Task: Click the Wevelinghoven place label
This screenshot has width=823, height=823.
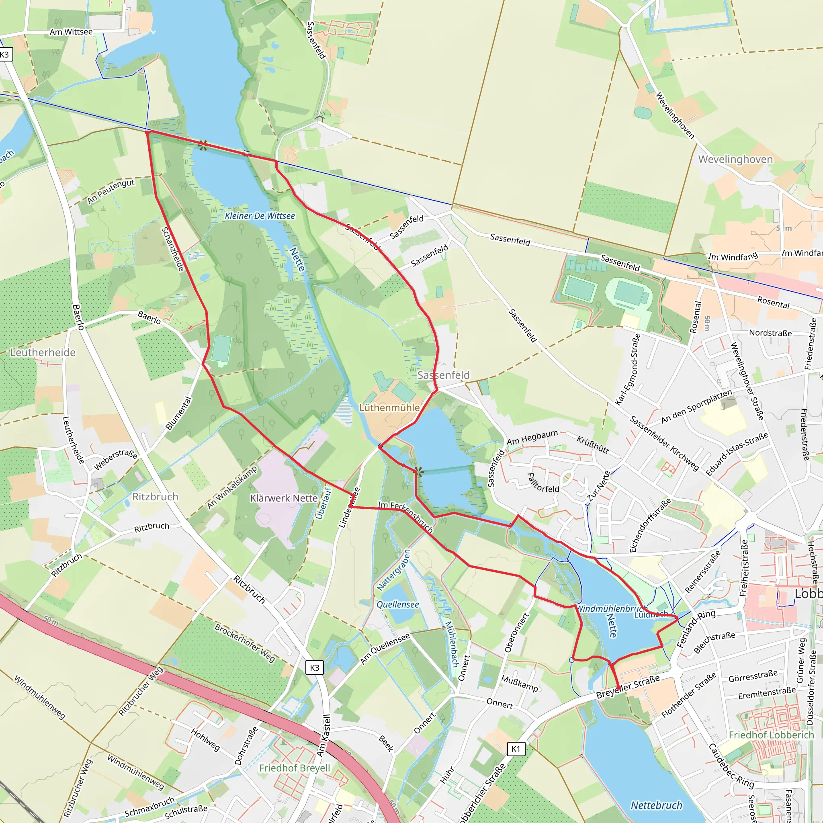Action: pos(735,159)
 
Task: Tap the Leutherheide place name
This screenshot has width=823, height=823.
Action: pos(43,352)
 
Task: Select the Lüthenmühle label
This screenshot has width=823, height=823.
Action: pos(389,407)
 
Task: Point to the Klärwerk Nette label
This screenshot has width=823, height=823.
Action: pos(284,498)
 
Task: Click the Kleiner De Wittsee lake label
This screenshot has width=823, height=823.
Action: pos(260,216)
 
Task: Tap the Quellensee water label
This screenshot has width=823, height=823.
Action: pos(397,604)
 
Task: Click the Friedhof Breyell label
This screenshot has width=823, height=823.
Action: pos(295,768)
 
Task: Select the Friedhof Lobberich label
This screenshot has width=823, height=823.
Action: pos(771,735)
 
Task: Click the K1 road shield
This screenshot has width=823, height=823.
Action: pos(516,748)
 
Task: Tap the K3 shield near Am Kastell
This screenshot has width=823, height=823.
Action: pos(314,667)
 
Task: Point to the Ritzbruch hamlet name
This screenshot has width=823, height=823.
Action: pos(155,497)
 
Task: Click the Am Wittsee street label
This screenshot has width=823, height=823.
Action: pos(71,32)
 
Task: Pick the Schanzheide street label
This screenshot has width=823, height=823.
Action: pos(172,249)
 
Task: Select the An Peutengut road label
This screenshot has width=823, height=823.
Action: pos(111,191)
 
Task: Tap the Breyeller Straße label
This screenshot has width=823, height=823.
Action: pos(628,687)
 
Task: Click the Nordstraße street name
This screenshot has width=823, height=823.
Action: pos(770,333)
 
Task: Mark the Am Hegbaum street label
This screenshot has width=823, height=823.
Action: pos(532,438)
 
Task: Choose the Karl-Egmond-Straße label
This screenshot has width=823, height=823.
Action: pos(628,369)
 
